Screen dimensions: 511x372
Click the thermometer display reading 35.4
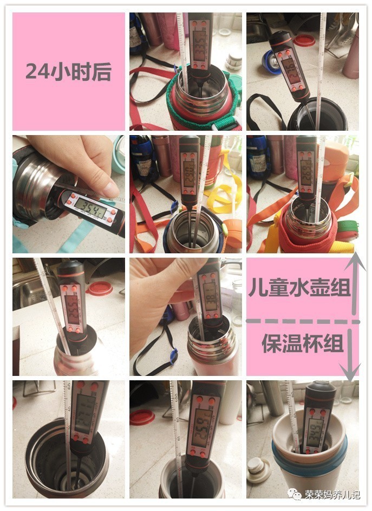click(x=90, y=205)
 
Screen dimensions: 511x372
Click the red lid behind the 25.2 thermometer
click(x=101, y=288)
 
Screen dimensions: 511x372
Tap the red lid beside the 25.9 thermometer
click(x=142, y=417)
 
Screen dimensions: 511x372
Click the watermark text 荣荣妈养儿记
click(x=332, y=494)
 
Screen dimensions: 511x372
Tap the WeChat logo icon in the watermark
click(x=296, y=494)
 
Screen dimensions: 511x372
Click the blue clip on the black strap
click(x=173, y=356)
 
